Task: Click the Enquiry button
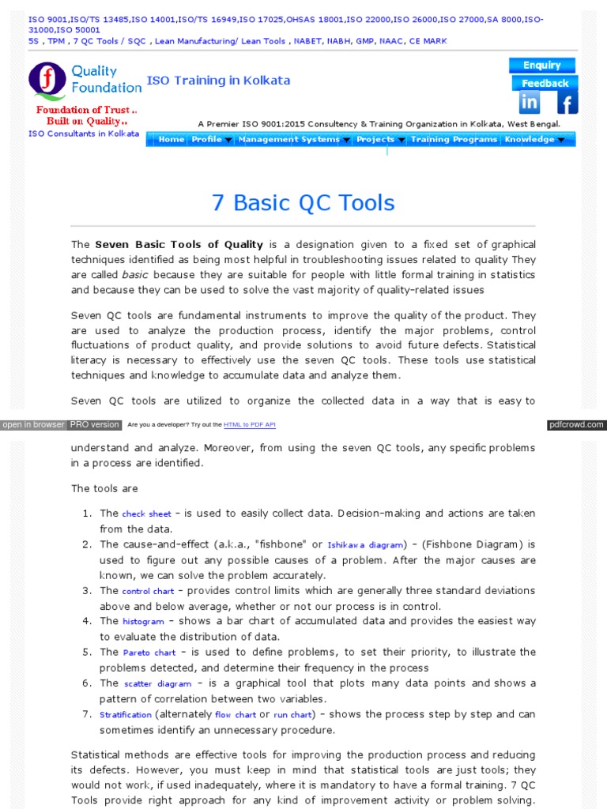click(541, 66)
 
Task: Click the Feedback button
click(545, 83)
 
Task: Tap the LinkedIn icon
click(529, 103)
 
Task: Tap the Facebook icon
click(567, 103)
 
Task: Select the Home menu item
click(171, 140)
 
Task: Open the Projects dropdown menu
click(379, 140)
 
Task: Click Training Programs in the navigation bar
click(454, 140)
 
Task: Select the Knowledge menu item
click(533, 140)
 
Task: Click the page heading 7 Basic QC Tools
click(303, 203)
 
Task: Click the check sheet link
click(145, 514)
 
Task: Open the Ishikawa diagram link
click(366, 545)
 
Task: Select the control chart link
click(148, 591)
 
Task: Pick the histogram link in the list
click(143, 622)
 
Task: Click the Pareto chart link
click(149, 653)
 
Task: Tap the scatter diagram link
click(157, 684)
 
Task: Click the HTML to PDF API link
click(249, 425)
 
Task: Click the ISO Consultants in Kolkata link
click(84, 134)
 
